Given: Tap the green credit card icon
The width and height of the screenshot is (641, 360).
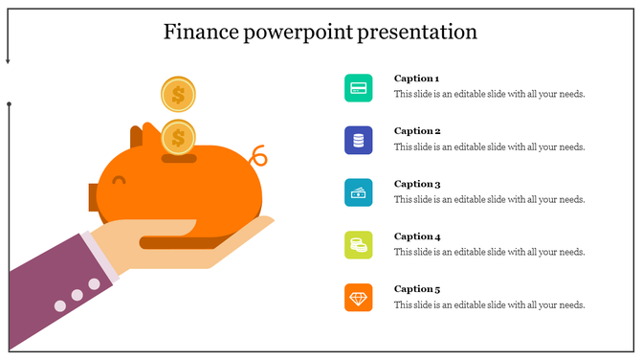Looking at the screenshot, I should (x=359, y=88).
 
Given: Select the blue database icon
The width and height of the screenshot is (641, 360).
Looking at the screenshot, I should (x=359, y=141).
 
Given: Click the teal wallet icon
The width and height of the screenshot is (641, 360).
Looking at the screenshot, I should (x=359, y=192).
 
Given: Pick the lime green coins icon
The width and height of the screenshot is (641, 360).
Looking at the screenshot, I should (x=359, y=245).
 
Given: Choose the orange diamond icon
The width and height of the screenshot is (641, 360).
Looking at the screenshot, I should (x=359, y=298).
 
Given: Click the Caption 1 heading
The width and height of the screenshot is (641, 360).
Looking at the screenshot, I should (x=417, y=79).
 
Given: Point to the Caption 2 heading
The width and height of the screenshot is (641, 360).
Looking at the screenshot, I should (x=417, y=131).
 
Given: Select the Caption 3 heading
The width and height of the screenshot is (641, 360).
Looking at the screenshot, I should (x=417, y=184).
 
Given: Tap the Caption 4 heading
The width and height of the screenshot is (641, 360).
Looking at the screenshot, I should (x=417, y=236).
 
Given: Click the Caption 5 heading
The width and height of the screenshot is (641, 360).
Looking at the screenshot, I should (x=417, y=289).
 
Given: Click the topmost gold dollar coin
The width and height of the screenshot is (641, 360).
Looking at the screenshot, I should (x=178, y=95).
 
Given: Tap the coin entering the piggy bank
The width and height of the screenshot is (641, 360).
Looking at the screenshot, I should (x=178, y=137).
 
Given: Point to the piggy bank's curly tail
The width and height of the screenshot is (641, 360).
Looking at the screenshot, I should (x=257, y=155).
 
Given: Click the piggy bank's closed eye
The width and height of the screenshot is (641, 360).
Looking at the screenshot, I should (x=119, y=180).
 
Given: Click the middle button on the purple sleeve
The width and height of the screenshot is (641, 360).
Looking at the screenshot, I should (x=77, y=295).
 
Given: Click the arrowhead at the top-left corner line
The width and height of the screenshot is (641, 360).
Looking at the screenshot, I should (x=8, y=60).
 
